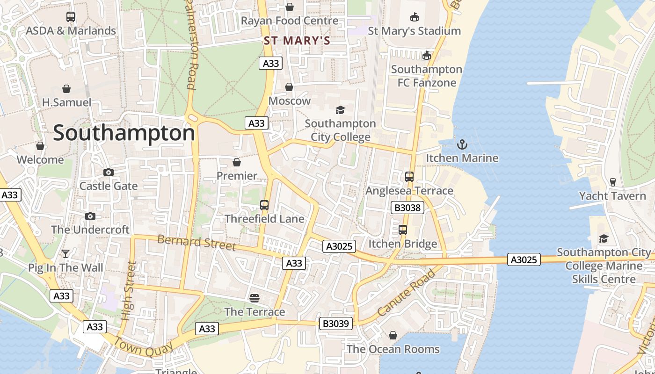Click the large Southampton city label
pos(124,134)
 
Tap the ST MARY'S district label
pos(297,41)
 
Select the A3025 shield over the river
pos(524,259)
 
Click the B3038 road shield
pos(407,208)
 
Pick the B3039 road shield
pos(336,324)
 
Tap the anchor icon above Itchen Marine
pos(462,144)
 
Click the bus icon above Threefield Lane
pos(264,205)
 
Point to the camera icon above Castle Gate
pos(109,173)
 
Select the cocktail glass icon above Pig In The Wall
pos(65,254)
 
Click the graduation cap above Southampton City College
pos(340,110)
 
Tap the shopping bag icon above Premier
pos(237,162)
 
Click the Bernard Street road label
pos(196,243)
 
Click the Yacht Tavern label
pos(612,196)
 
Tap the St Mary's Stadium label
pos(414,31)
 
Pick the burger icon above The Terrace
pos(255,298)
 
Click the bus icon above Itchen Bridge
pos(403,230)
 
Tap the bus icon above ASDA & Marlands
pos(71,17)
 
